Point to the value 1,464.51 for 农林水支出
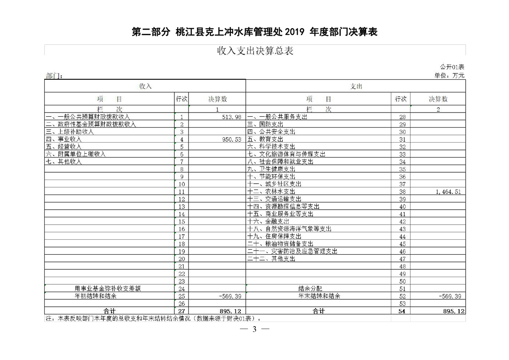click(448, 192)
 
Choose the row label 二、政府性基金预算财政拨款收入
click(91, 124)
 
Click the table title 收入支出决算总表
click(255, 51)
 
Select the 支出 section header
click(356, 86)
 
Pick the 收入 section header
click(145, 86)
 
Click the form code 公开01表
click(452, 67)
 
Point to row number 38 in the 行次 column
click(402, 192)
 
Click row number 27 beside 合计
click(182, 311)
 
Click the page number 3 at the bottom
click(255, 329)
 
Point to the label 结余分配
click(310, 288)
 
